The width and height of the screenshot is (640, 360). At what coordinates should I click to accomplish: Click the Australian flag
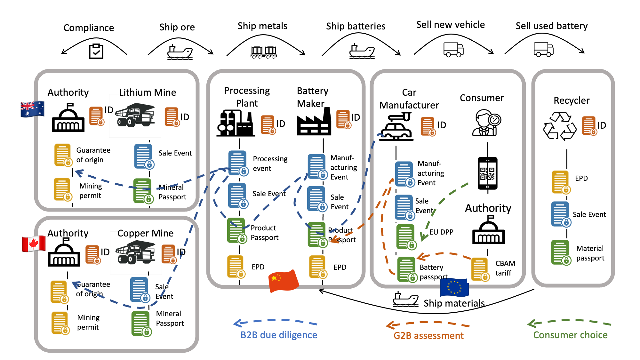[32, 109]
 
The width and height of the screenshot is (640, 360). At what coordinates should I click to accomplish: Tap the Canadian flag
[34, 244]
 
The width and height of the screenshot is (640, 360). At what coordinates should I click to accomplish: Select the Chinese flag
[283, 281]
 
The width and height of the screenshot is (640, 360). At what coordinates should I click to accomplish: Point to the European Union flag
[454, 287]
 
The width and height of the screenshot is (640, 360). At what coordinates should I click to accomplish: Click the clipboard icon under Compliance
[96, 51]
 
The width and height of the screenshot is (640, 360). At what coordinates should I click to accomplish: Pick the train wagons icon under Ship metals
[264, 52]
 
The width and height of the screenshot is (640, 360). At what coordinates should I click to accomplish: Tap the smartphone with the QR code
[487, 173]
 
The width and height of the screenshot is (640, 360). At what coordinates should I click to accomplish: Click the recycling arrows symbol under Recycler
[560, 126]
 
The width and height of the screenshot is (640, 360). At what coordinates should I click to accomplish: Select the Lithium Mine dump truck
[135, 115]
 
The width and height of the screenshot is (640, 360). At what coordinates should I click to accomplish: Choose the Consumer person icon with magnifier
[486, 123]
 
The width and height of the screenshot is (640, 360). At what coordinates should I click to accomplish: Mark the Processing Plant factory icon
[236, 123]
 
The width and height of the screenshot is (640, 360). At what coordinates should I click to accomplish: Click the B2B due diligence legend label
[279, 335]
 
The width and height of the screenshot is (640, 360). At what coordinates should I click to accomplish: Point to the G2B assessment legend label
[428, 336]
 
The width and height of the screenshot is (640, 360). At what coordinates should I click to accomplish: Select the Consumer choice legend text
[570, 335]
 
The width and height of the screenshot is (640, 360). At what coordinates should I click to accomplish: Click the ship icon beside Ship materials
[405, 300]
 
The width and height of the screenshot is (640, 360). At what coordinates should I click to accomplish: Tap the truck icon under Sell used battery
[543, 50]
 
